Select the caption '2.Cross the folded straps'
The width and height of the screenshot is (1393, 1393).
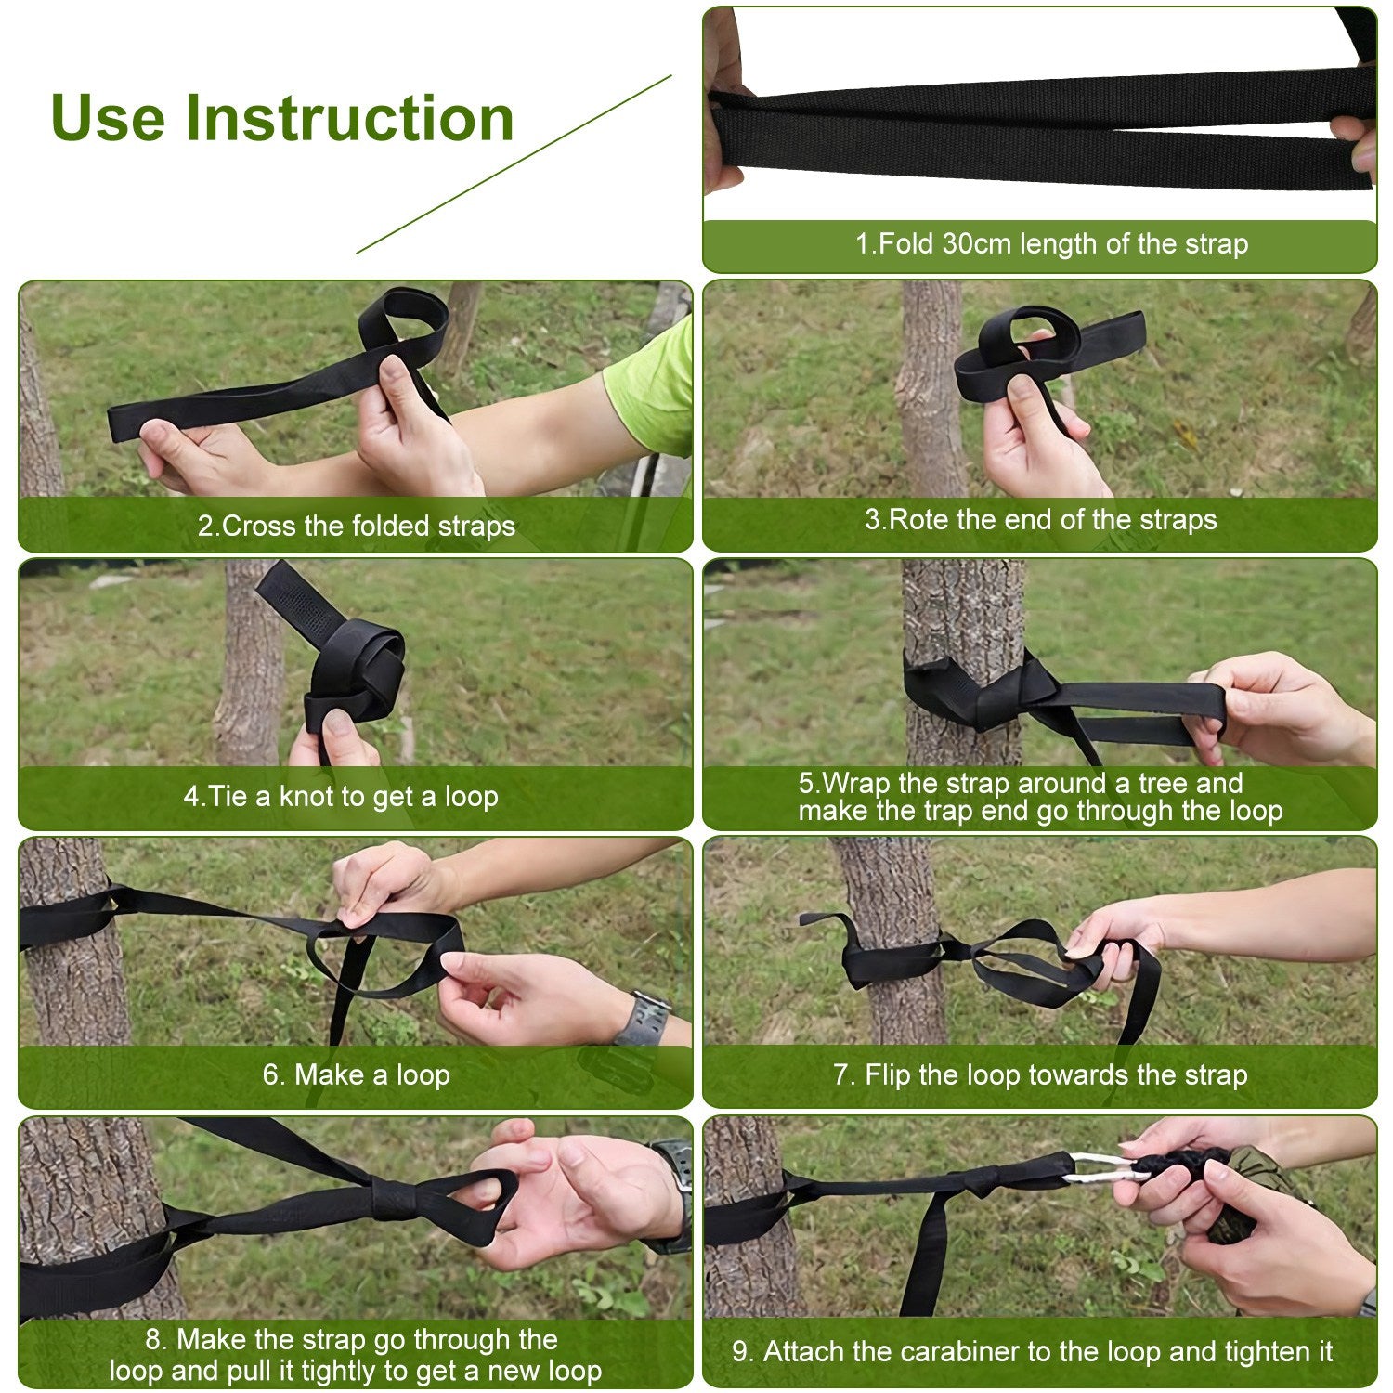(356, 526)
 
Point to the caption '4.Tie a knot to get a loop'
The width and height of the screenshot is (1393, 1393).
(341, 797)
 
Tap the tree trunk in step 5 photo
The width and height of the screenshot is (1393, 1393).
(962, 613)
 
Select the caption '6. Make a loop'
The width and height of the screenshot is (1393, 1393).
(356, 1074)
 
